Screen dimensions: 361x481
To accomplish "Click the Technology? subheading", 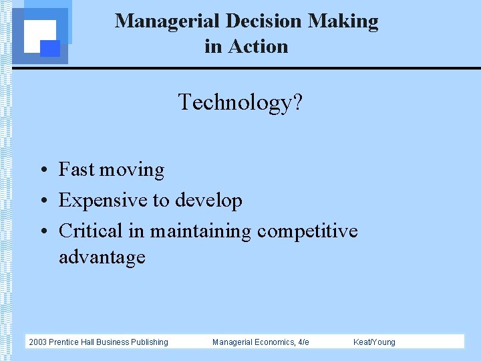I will coord(240,102).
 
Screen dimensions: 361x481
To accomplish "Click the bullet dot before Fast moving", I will coord(41,170).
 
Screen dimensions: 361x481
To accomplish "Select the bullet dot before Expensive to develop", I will coord(41,201).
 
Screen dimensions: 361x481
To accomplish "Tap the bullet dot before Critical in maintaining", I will coord(41,232).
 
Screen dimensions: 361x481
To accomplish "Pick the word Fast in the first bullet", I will coord(76,170).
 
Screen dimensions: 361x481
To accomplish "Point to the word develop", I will coord(208,201).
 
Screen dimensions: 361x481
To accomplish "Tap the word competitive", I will coord(307,231).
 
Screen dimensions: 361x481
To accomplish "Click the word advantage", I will coord(102,257).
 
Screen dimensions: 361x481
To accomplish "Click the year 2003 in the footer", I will coord(37,342).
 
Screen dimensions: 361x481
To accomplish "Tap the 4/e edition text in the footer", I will coord(303,342).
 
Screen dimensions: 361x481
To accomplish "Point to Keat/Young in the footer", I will coord(374,342).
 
